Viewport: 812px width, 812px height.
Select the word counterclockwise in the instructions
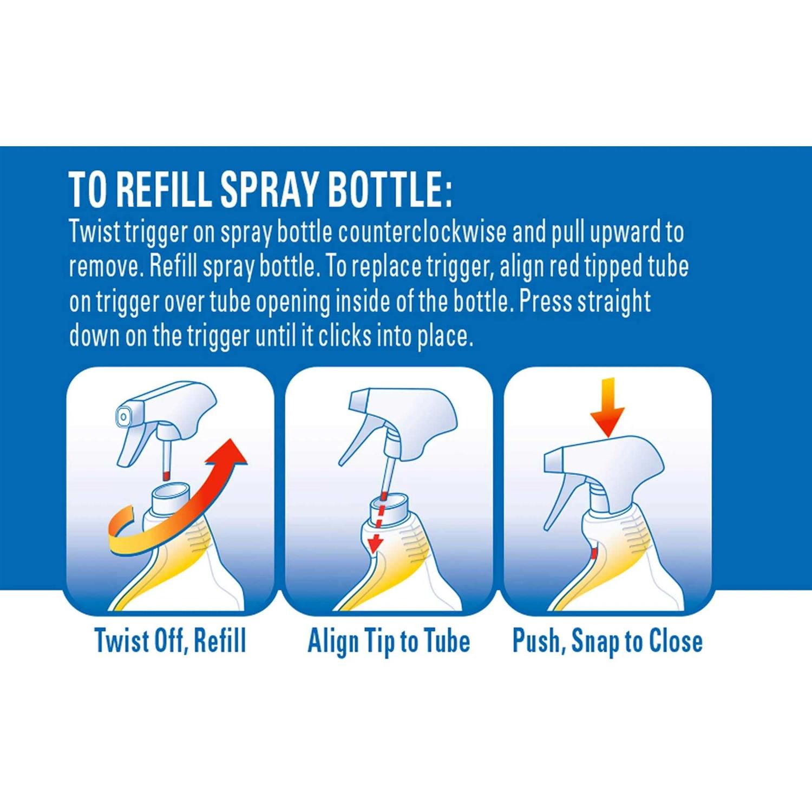click(422, 232)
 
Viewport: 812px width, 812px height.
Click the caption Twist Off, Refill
click(170, 641)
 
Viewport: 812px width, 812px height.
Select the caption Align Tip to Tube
click(389, 641)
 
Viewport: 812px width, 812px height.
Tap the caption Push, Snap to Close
click(607, 641)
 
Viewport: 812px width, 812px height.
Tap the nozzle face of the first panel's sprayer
click(124, 416)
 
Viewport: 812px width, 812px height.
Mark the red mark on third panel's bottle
click(593, 553)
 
